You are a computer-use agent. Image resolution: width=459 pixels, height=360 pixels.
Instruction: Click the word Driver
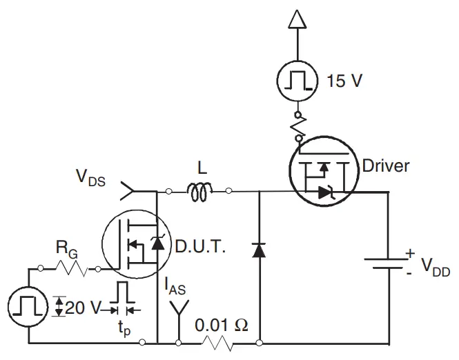pyautogui.click(x=386, y=166)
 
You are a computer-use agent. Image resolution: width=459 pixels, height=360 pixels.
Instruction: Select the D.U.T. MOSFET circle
pyautogui.click(x=135, y=246)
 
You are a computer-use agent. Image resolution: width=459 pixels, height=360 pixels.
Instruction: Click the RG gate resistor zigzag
pyautogui.click(x=70, y=268)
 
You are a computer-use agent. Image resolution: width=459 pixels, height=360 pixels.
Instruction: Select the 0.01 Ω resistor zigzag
pyautogui.click(x=219, y=343)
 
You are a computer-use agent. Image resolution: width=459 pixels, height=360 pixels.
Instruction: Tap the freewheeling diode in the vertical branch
pyautogui.click(x=259, y=250)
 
